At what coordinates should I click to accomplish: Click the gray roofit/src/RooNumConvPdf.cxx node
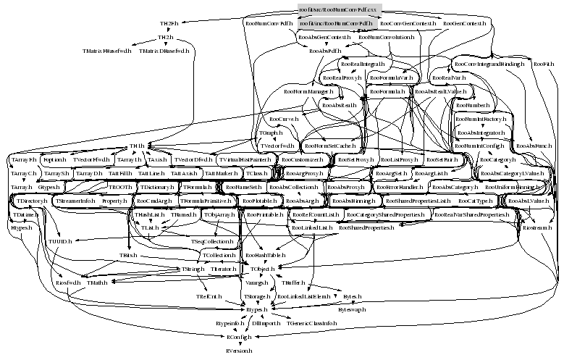[x=339, y=9]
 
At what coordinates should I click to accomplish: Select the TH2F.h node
[x=169, y=24]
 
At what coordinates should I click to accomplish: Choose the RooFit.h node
[x=544, y=64]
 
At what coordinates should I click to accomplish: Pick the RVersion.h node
[x=238, y=351]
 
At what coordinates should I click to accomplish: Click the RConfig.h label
[x=238, y=337]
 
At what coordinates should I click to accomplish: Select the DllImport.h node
[x=266, y=323]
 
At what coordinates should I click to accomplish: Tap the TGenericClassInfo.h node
[x=311, y=323]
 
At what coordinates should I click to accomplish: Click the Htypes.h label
[x=21, y=227]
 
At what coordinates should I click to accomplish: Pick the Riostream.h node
[x=536, y=227]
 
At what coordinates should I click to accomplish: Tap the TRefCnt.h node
[x=209, y=296]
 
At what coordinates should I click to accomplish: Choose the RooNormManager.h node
[x=308, y=92]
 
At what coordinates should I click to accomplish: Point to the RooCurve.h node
[x=282, y=119]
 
